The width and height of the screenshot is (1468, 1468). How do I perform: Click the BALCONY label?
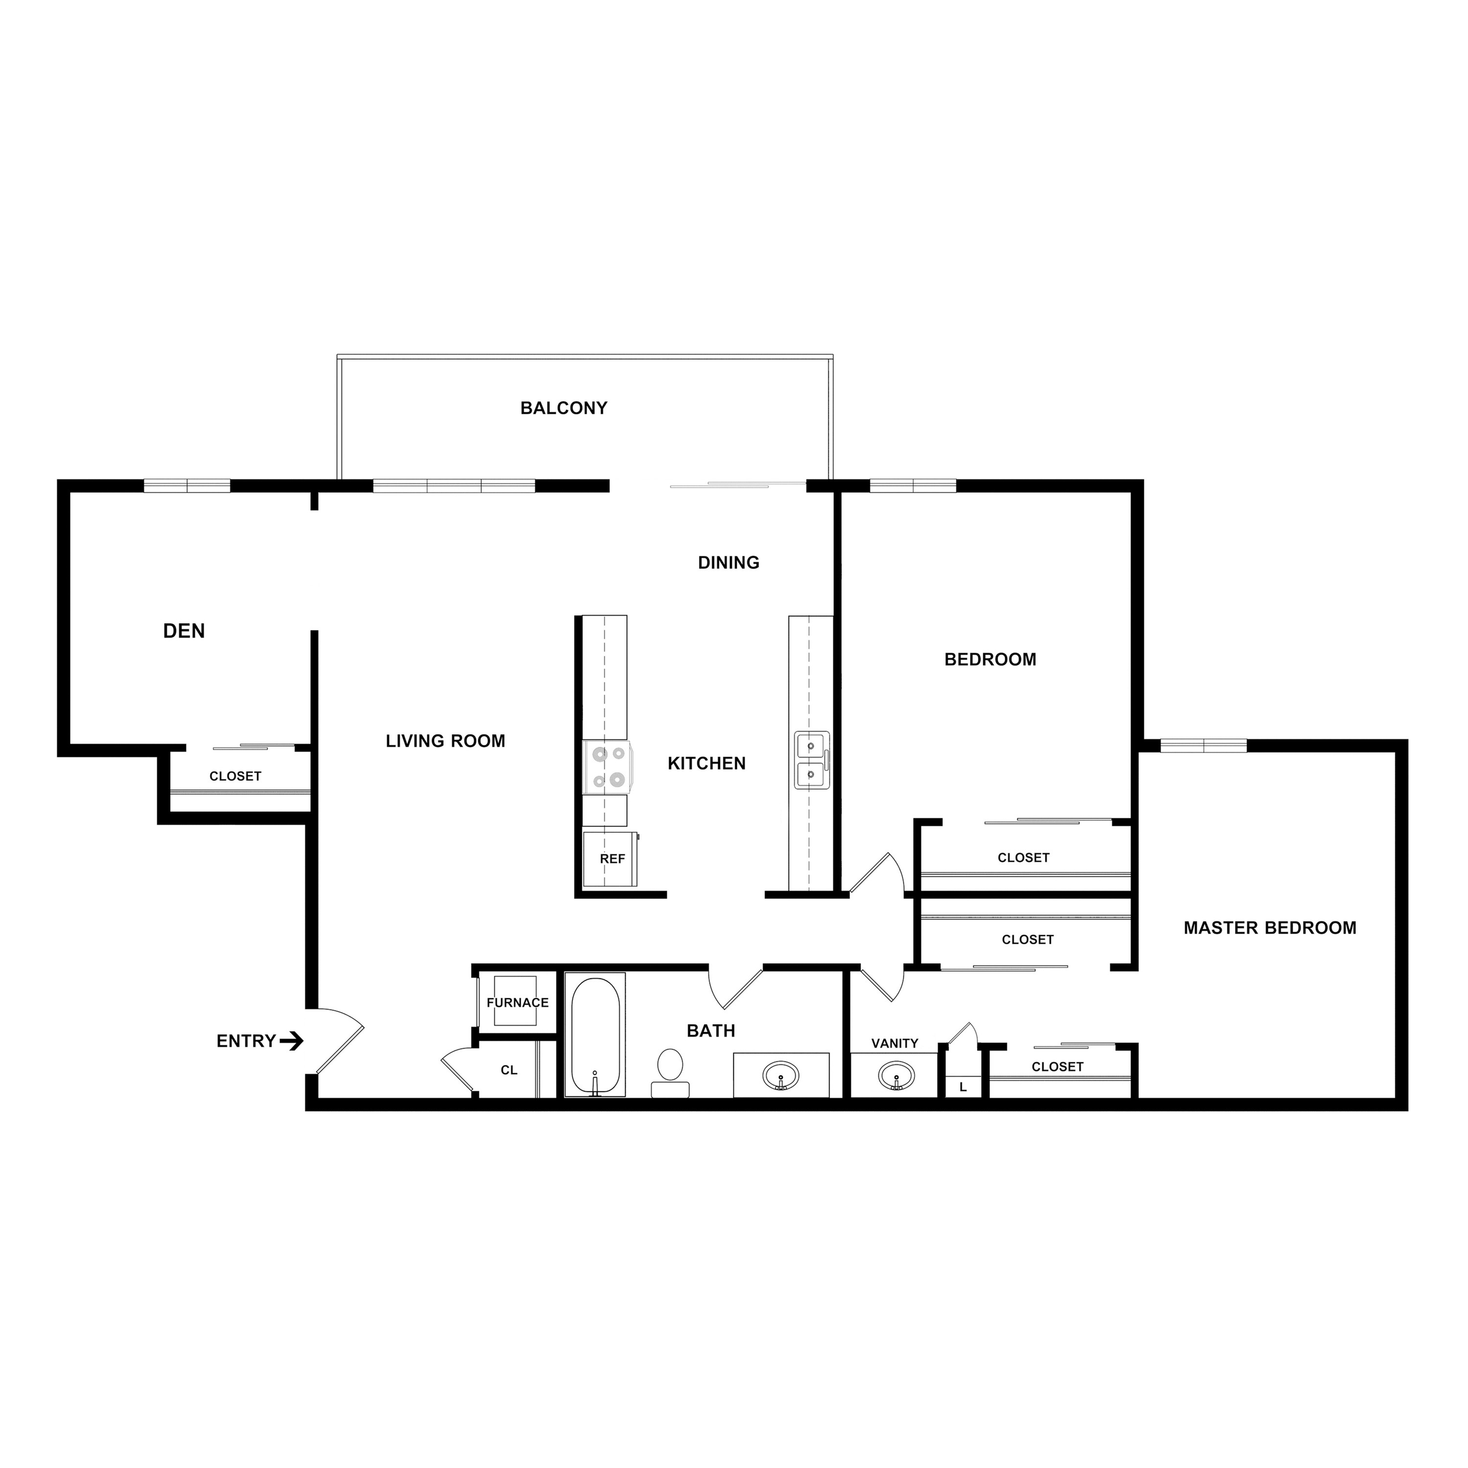click(564, 408)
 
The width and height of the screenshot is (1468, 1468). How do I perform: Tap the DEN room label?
click(184, 631)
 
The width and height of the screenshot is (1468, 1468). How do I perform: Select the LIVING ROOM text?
click(445, 741)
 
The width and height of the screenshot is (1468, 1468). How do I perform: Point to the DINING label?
click(729, 562)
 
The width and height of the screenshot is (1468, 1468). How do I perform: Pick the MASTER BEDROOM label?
click(1270, 928)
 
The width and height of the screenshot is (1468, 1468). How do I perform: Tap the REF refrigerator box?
click(611, 859)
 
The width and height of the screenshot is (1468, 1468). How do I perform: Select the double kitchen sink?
click(811, 760)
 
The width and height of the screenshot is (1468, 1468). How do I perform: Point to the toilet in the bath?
click(670, 1071)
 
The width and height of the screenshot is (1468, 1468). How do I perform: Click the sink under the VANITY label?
click(896, 1076)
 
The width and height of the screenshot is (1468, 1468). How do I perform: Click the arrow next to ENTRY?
click(292, 1041)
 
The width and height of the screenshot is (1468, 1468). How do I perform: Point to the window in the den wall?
click(187, 485)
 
